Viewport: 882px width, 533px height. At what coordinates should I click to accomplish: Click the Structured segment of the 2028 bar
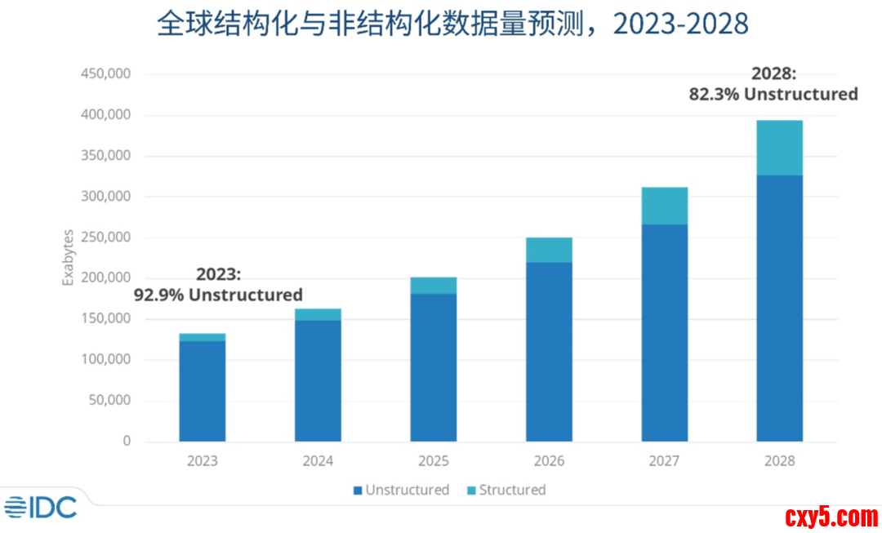tap(779, 148)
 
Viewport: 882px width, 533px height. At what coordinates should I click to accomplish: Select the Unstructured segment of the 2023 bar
tap(202, 391)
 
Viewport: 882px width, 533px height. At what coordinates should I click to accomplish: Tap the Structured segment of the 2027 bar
tap(664, 206)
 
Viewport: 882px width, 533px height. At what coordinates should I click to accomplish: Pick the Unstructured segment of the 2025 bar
tap(433, 367)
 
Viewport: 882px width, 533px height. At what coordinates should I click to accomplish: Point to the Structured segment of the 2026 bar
tap(549, 250)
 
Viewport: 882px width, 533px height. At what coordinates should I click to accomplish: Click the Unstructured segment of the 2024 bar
tap(318, 380)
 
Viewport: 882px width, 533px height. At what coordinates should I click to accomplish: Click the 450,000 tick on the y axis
tap(107, 74)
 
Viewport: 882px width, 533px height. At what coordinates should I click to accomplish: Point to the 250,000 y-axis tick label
tap(107, 238)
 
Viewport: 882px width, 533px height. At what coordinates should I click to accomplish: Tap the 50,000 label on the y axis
tap(110, 401)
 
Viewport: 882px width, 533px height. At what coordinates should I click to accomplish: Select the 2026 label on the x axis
tap(549, 461)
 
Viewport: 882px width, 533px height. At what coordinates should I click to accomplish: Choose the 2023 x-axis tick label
tap(202, 461)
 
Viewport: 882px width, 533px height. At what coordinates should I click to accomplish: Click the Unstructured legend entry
tap(401, 490)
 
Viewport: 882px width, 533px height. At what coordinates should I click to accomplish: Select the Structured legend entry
tap(506, 490)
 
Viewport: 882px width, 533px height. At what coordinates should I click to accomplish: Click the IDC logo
tap(41, 507)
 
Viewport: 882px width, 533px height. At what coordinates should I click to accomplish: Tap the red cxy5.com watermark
tap(831, 516)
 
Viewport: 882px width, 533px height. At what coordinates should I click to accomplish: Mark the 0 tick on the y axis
tap(127, 442)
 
